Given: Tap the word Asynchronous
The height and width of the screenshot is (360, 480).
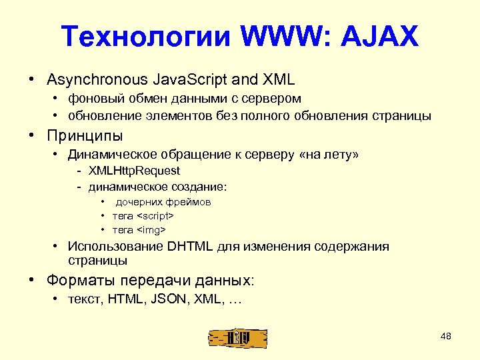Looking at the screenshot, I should tap(97, 80).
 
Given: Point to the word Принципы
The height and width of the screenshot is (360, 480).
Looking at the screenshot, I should tap(85, 136).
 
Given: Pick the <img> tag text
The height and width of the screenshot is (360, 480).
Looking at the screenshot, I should tap(151, 230).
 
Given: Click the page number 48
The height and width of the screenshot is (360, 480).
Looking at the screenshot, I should tap(446, 336).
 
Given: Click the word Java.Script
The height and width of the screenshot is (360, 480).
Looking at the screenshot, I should tap(191, 80).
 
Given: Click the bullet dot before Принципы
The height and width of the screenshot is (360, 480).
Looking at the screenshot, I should tap(31, 136).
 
